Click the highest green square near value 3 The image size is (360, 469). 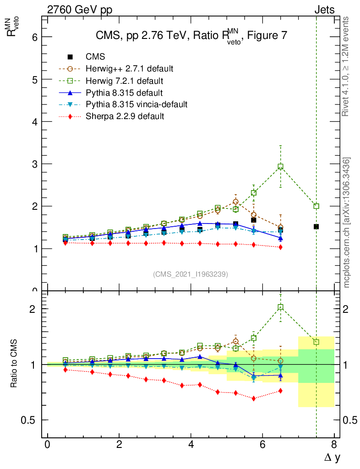point(280,167)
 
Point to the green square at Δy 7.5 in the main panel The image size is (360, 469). point(316,206)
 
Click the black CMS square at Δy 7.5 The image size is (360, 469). point(316,227)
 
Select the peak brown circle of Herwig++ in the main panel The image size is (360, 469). point(235,202)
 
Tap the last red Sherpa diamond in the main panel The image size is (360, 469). point(280,247)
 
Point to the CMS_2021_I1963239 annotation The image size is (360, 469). point(191,274)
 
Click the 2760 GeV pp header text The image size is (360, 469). point(80,9)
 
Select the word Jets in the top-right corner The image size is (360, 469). point(324,9)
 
